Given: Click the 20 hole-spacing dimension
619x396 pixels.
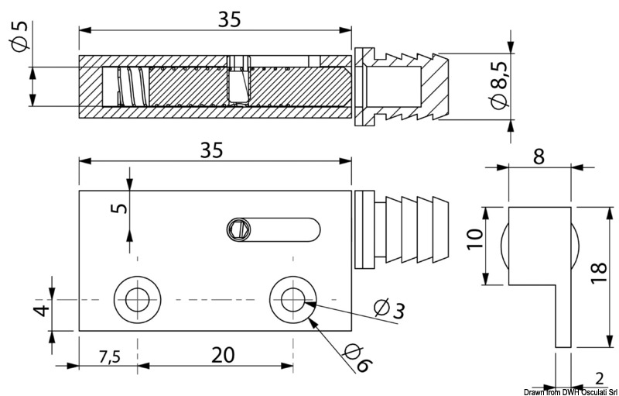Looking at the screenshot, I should tap(222, 354).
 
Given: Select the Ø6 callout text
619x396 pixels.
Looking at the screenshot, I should tap(357, 356).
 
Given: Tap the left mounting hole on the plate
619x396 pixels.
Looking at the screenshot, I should tap(139, 298).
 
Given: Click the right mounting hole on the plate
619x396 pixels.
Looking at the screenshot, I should tap(292, 298).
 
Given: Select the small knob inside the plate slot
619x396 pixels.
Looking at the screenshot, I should tap(240, 229).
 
